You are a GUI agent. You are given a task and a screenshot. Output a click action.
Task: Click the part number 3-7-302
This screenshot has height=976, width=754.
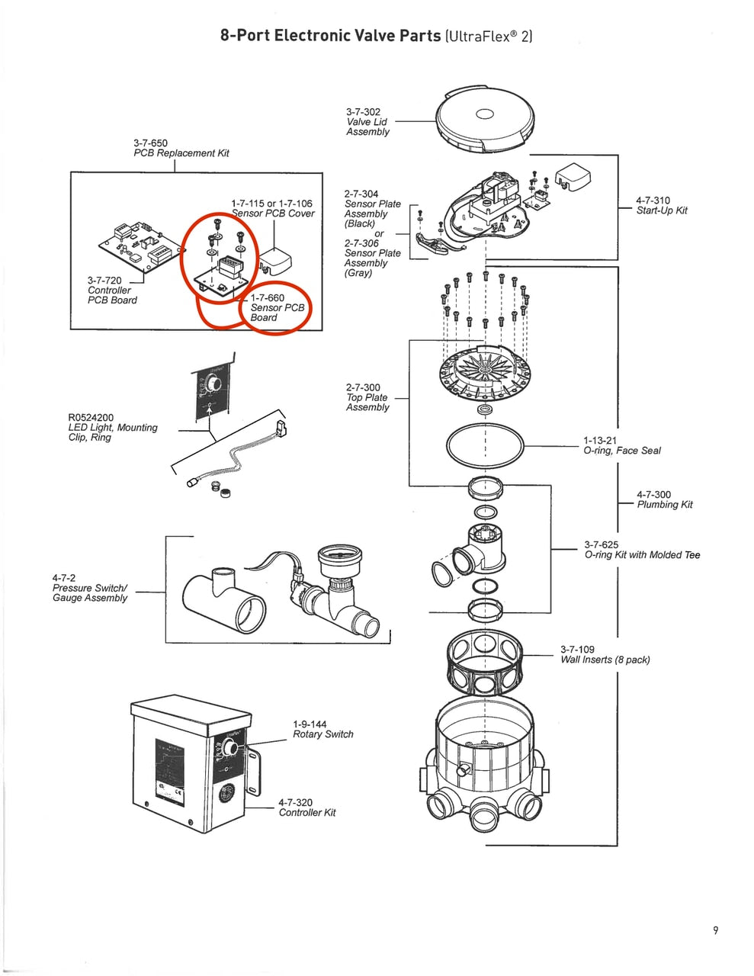click(363, 112)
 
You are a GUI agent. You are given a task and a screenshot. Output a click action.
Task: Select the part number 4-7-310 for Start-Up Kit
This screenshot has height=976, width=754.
click(653, 201)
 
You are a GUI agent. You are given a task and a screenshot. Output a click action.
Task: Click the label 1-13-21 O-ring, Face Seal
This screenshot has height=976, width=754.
click(621, 445)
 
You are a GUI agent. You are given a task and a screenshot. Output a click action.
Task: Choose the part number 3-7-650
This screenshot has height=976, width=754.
click(150, 143)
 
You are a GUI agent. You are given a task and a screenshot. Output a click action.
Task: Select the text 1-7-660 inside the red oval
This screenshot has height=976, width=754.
click(268, 298)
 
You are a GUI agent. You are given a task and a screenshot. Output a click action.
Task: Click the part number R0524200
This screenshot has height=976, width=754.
click(91, 418)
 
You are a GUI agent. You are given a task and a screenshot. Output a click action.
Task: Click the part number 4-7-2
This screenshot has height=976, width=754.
click(64, 578)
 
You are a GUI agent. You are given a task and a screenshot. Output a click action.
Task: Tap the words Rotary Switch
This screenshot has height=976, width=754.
click(323, 734)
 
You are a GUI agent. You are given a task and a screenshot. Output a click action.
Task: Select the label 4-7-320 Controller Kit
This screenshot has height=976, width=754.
click(306, 807)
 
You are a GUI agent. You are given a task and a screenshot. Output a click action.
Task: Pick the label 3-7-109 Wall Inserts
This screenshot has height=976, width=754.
click(605, 655)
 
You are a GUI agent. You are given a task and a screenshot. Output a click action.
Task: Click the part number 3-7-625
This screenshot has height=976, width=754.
click(602, 544)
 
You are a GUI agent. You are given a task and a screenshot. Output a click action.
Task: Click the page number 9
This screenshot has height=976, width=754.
click(715, 929)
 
